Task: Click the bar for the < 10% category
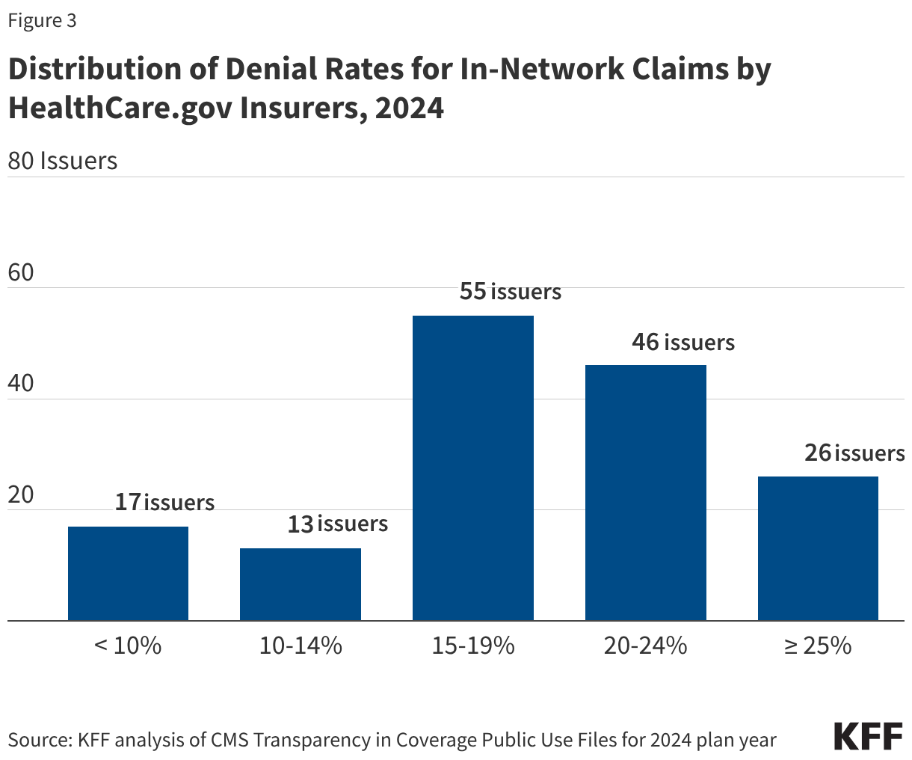point(128,573)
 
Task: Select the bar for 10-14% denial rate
point(301,584)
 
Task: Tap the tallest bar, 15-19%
point(473,468)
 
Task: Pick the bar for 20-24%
point(645,493)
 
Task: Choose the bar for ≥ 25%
point(818,548)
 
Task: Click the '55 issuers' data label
point(510,291)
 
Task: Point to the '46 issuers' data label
point(683,342)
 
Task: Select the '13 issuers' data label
point(338,524)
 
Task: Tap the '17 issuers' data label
point(164,502)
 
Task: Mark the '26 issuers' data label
point(854,453)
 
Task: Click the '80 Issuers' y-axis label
point(63,161)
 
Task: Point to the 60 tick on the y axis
point(21,272)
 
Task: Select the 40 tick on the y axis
point(21,384)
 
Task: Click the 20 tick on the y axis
point(21,494)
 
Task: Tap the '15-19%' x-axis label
point(473,646)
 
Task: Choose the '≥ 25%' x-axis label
point(818,646)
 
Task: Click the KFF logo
point(868,737)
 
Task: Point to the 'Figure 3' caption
point(42,21)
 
